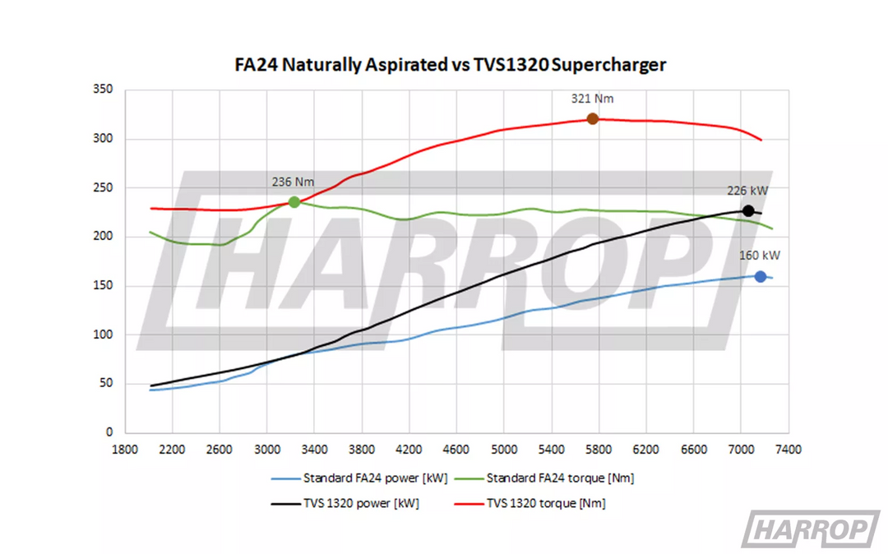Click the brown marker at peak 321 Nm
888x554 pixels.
click(x=593, y=119)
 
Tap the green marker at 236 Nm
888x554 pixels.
click(x=294, y=202)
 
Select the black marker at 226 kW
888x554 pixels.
click(x=748, y=211)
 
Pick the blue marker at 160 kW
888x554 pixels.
click(x=761, y=277)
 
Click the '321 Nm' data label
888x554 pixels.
click(x=593, y=99)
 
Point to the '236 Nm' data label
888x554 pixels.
click(x=294, y=182)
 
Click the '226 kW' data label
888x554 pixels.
click(x=747, y=191)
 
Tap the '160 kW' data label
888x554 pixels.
click(x=760, y=256)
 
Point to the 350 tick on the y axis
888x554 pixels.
click(x=103, y=90)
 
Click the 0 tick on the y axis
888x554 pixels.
click(x=109, y=432)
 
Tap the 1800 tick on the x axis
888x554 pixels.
click(x=124, y=450)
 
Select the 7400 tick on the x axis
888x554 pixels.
click(x=789, y=450)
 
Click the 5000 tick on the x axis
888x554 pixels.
click(x=503, y=450)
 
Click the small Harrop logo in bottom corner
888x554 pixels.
click(x=810, y=529)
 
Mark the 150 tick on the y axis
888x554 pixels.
click(x=103, y=286)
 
